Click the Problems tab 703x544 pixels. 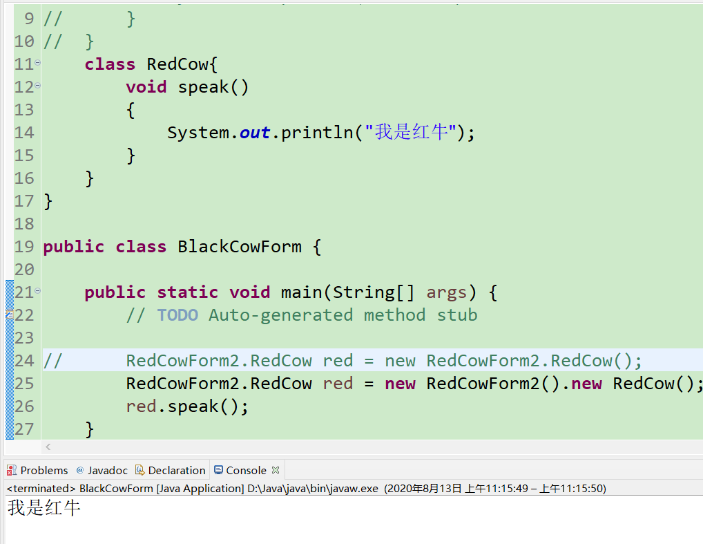pyautogui.click(x=44, y=470)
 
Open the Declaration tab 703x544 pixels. pyautogui.click(x=176, y=470)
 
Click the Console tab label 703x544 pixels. pyautogui.click(x=246, y=470)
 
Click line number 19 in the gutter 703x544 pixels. pyautogui.click(x=24, y=247)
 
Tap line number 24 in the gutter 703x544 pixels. pyautogui.click(x=24, y=361)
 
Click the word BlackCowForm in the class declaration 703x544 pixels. pyautogui.click(x=240, y=247)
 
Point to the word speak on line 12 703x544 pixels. pyautogui.click(x=204, y=87)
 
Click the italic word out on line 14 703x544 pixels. pyautogui.click(x=255, y=133)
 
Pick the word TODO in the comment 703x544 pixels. pyautogui.click(x=177, y=315)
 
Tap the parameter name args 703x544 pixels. pyautogui.click(x=447, y=292)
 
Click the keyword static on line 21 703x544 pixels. pyautogui.click(x=188, y=292)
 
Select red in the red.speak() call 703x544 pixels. pyautogui.click(x=141, y=406)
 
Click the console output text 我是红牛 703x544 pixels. pyautogui.click(x=44, y=509)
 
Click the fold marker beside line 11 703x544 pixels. pyautogui.click(x=37, y=63)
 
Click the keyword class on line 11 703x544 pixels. pyautogui.click(x=110, y=64)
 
